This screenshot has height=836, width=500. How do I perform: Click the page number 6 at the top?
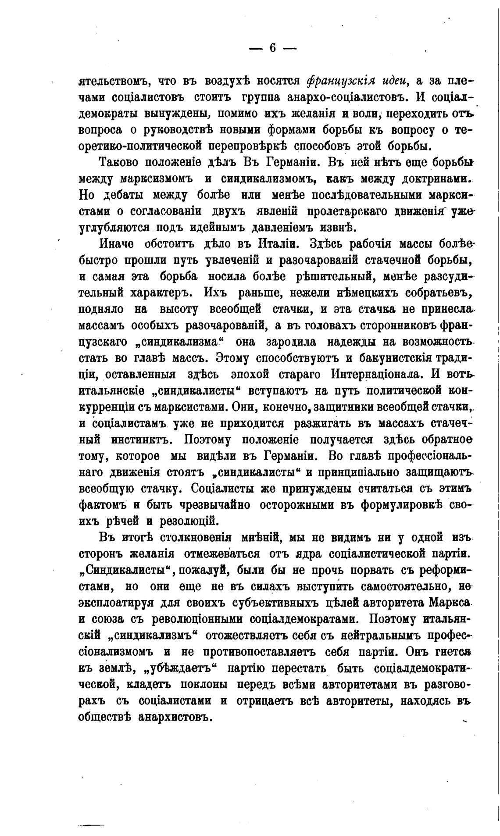coord(272,48)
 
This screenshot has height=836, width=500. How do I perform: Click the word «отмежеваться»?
coord(222,554)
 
